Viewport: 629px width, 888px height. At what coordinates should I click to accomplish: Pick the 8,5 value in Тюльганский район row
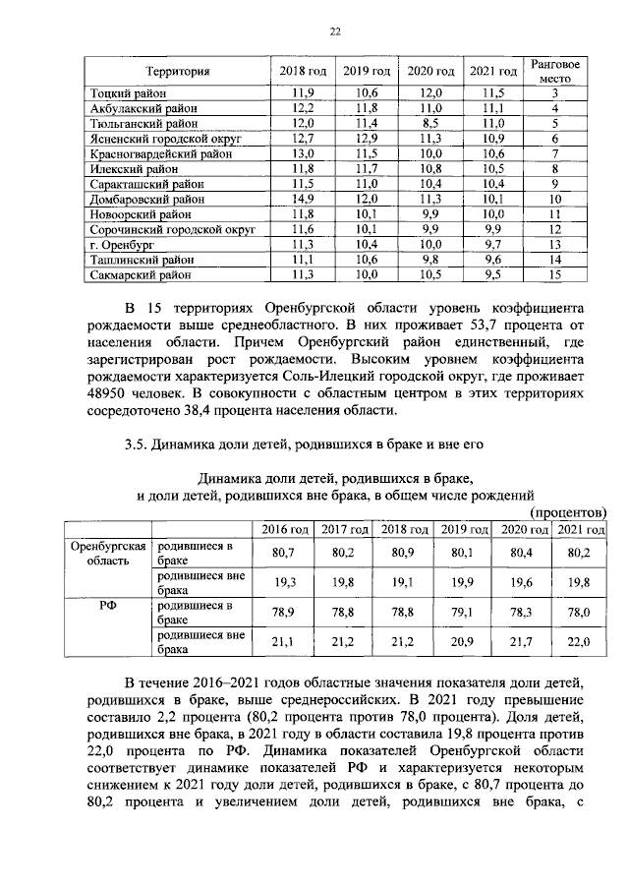pyautogui.click(x=430, y=123)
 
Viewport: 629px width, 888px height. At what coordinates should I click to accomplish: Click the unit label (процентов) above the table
pyautogui.click(x=567, y=511)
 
